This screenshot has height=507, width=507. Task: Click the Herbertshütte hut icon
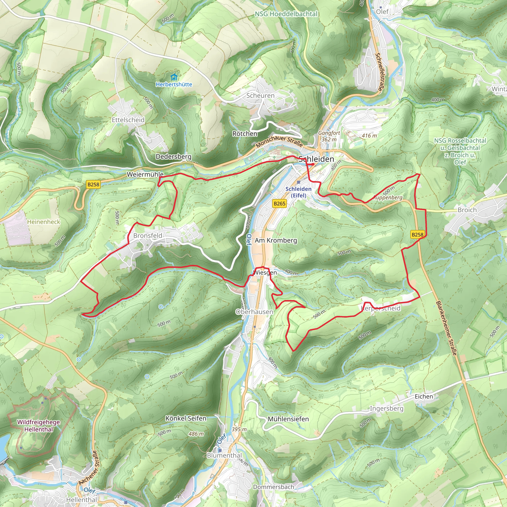pyautogui.click(x=174, y=77)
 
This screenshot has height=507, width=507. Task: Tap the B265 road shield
pyautogui.click(x=279, y=203)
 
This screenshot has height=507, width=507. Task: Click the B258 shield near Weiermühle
pyautogui.click(x=93, y=184)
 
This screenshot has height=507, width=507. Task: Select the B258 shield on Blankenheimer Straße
pyautogui.click(x=417, y=235)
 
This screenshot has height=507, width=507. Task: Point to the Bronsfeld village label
pyautogui.click(x=148, y=236)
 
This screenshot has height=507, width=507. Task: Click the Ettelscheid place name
pyautogui.click(x=128, y=120)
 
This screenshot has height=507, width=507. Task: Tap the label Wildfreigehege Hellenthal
pyautogui.click(x=39, y=426)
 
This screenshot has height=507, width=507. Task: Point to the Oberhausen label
pyautogui.click(x=254, y=312)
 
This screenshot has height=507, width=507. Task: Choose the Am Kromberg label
pyautogui.click(x=276, y=240)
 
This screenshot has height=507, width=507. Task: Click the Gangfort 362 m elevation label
pyautogui.click(x=329, y=136)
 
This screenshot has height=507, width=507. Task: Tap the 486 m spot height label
pyautogui.click(x=196, y=434)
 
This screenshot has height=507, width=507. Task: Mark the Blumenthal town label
pyautogui.click(x=224, y=455)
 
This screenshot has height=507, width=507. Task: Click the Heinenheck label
pyautogui.click(x=44, y=222)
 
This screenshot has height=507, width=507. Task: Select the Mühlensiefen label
pyautogui.click(x=288, y=419)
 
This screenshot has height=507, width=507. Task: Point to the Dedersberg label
pyautogui.click(x=174, y=157)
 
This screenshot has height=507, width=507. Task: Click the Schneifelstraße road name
pyautogui.click(x=379, y=72)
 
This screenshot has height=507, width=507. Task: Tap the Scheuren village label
pyautogui.click(x=260, y=96)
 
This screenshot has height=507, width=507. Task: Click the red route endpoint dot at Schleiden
pyautogui.click(x=313, y=164)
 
